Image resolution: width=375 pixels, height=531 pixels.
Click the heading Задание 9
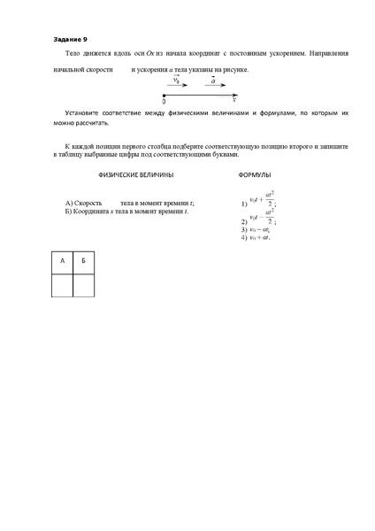(x=70, y=40)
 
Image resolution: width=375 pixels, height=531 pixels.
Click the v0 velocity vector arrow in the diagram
(x=178, y=86)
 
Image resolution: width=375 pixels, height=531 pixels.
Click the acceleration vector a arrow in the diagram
(x=213, y=86)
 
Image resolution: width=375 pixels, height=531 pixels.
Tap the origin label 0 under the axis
(x=165, y=101)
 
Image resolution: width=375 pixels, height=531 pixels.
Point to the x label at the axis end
(x=233, y=100)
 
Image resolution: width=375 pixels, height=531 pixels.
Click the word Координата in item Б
(x=95, y=210)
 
